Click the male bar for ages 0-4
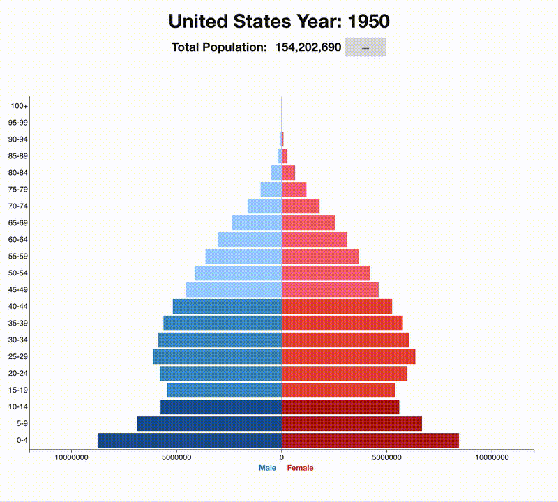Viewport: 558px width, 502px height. click(190, 440)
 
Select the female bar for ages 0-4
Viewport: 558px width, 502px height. click(370, 440)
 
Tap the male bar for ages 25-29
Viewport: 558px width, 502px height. click(217, 356)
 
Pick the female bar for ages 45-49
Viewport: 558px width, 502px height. click(329, 289)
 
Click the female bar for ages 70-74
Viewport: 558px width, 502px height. click(300, 206)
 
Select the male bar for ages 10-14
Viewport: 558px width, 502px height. click(220, 406)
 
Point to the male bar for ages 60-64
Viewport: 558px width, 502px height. click(249, 239)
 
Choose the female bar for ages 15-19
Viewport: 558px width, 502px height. click(338, 390)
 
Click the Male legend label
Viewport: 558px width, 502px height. click(267, 468)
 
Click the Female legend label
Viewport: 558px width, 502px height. click(300, 468)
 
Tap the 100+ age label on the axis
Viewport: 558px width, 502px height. click(20, 106)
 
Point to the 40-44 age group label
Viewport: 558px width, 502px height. click(19, 306)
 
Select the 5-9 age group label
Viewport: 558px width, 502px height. click(22, 423)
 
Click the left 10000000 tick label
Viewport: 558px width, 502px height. click(72, 458)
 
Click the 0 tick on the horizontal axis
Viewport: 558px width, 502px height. click(282, 458)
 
